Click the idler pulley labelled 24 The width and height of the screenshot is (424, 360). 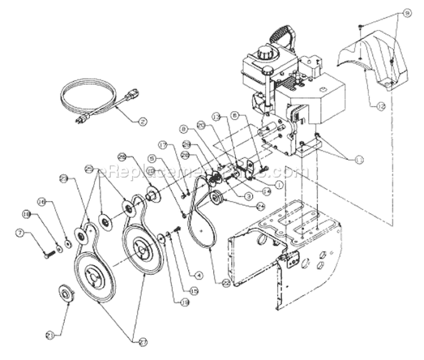click(x=215, y=198)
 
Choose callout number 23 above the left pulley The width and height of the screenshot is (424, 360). click(x=63, y=179)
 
